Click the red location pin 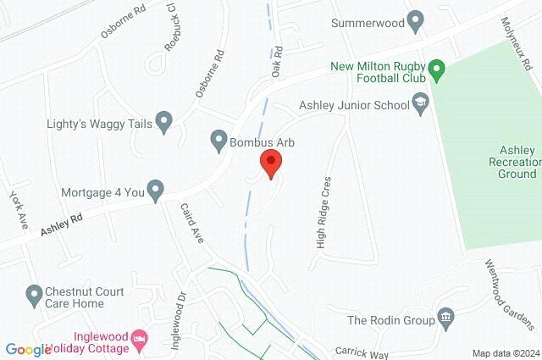pos(270,163)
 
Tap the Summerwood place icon pos(415,19)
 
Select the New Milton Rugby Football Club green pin pos(436,67)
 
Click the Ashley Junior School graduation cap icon pos(421,105)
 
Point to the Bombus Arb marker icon pos(218,139)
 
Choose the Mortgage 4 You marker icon pos(155,191)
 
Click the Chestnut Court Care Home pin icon pos(34,296)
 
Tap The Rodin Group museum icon pos(445,319)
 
